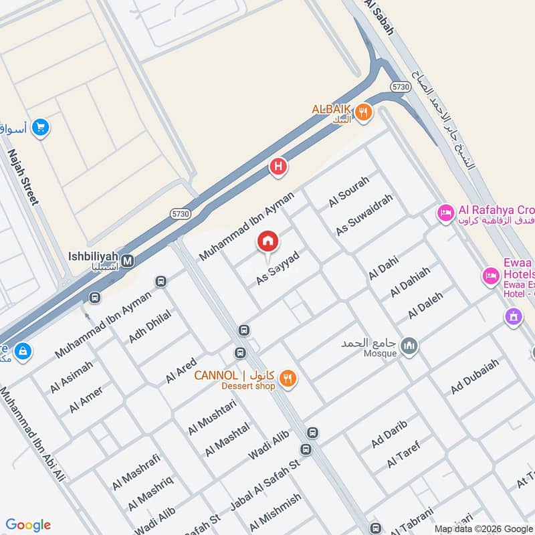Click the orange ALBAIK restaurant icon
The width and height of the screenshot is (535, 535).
(x=363, y=112)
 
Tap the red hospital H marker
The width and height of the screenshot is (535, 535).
(x=278, y=167)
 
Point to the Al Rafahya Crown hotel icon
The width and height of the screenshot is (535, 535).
(x=445, y=214)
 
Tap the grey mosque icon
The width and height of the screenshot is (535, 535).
(x=409, y=346)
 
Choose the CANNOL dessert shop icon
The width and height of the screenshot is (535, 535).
(x=288, y=379)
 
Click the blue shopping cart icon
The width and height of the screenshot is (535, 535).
(x=41, y=126)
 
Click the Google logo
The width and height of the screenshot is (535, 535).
(x=28, y=525)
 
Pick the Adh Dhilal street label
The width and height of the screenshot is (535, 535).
(x=150, y=326)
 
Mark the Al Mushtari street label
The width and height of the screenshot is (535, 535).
(x=213, y=416)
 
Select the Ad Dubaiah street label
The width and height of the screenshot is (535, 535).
(x=475, y=377)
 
